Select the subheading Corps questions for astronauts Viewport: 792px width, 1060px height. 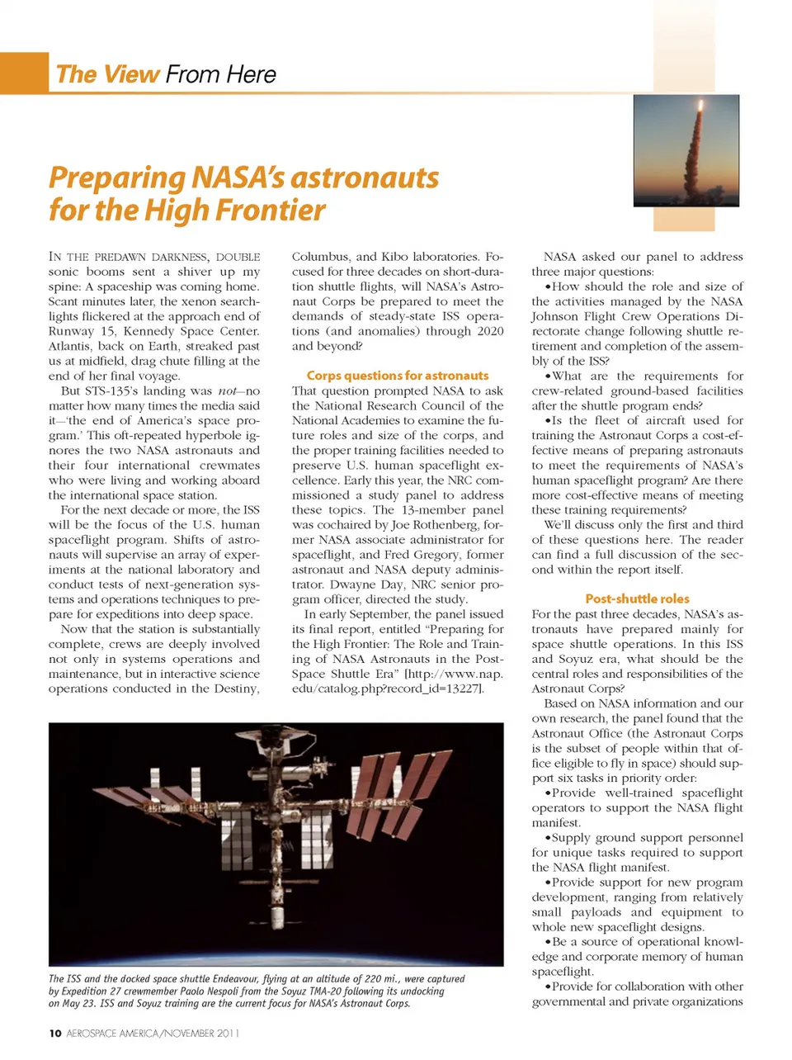[x=398, y=376]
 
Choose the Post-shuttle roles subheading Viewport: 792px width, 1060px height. [x=637, y=599]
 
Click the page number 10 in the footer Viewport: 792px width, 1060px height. [x=54, y=1034]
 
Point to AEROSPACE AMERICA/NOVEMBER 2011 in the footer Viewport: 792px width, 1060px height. [x=153, y=1034]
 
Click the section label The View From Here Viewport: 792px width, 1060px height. [x=166, y=74]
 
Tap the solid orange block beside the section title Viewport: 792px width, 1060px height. [x=24, y=73]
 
